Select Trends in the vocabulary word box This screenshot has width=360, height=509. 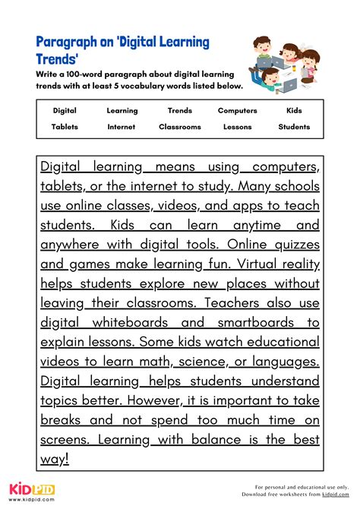click(180, 110)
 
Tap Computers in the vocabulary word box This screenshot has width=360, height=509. click(237, 110)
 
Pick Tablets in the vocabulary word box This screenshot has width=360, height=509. click(65, 127)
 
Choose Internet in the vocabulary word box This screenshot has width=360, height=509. click(122, 127)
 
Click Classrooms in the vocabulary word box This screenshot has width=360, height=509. click(180, 127)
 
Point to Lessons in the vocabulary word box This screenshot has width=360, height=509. click(237, 127)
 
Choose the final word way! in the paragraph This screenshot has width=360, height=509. click(54, 457)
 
